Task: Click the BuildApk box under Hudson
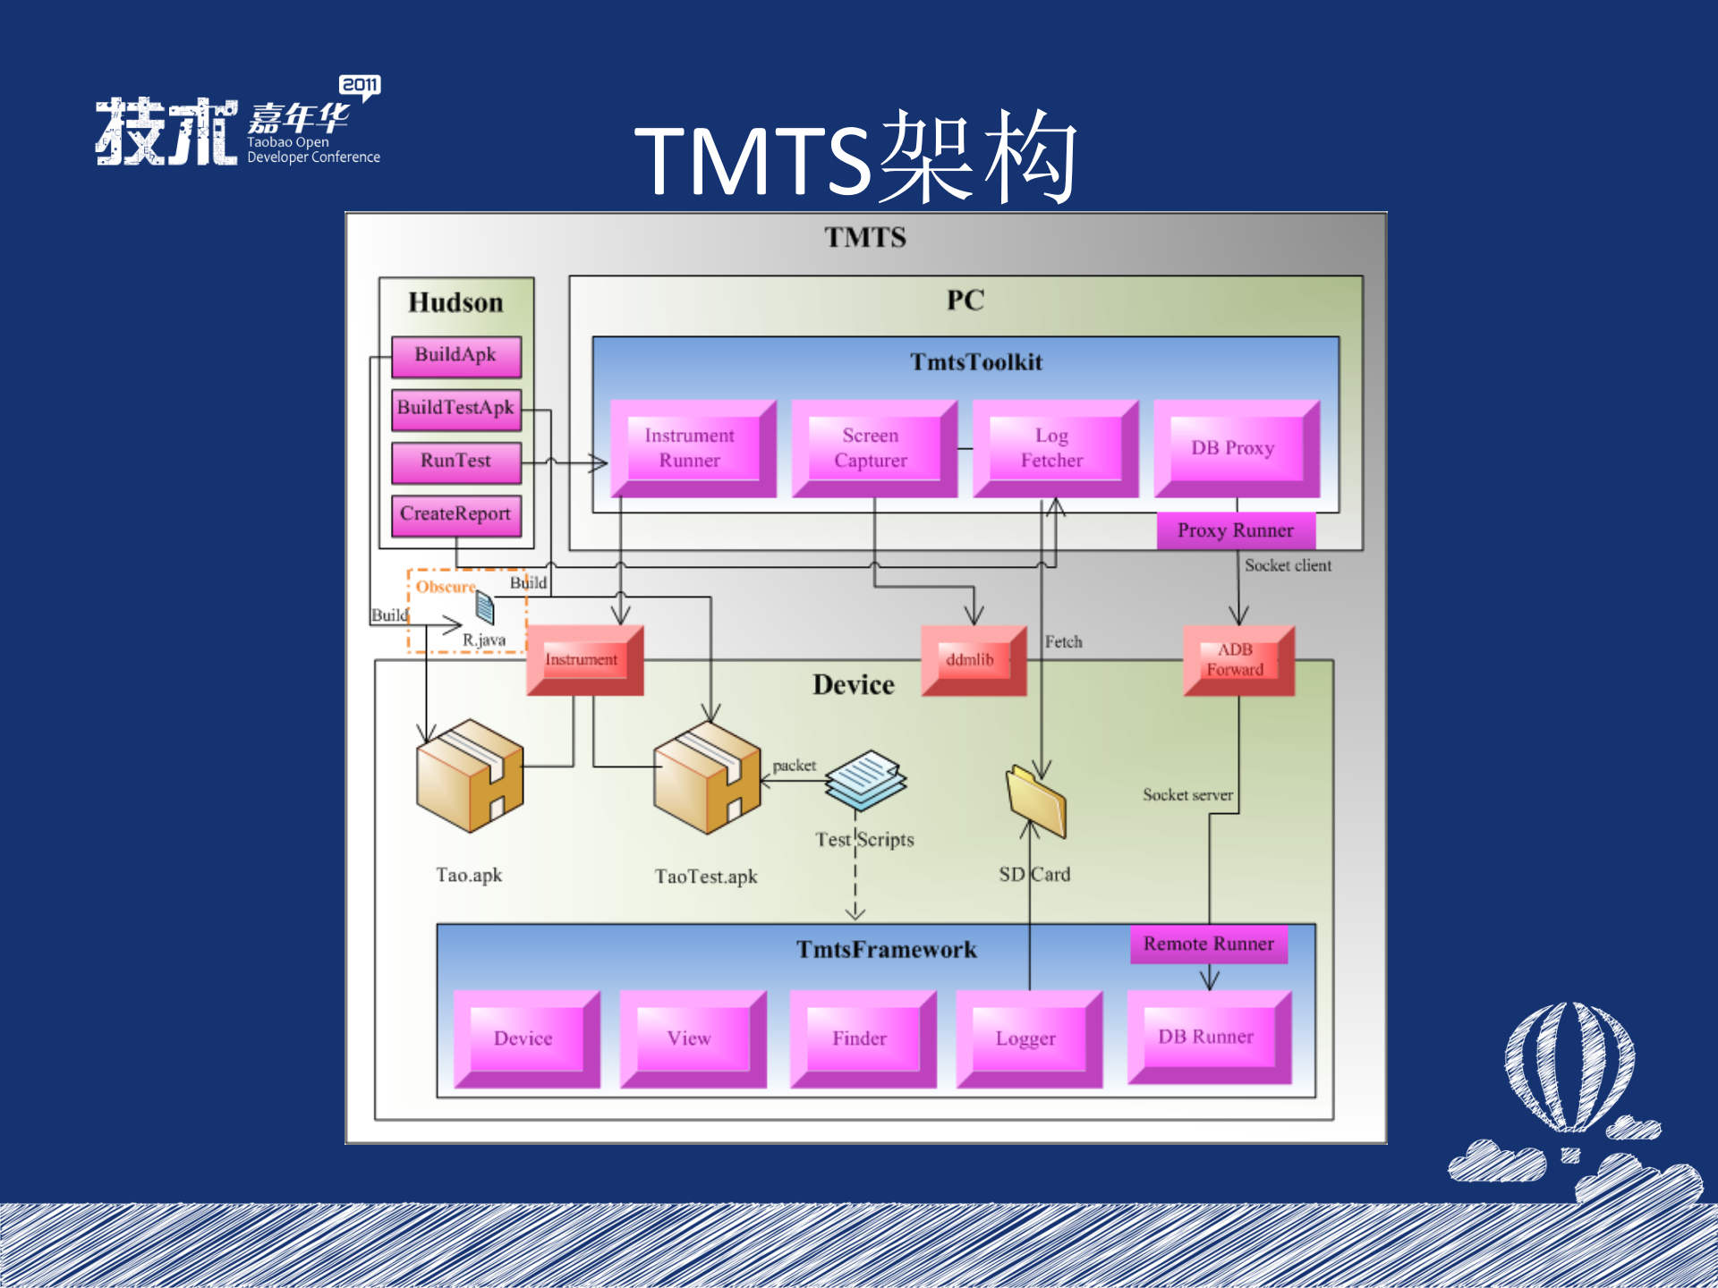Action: tap(456, 356)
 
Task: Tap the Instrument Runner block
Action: tap(692, 449)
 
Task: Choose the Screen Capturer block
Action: tap(872, 449)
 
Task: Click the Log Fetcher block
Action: tap(1053, 449)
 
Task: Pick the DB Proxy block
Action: tap(1235, 449)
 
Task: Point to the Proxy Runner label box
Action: tap(1236, 530)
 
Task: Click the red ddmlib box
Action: tap(973, 661)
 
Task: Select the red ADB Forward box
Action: tap(1237, 661)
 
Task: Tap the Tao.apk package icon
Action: tap(469, 776)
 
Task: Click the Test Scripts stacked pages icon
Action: tap(864, 779)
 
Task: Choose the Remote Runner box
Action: tap(1208, 945)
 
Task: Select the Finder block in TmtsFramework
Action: tap(862, 1039)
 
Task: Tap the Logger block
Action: tap(1028, 1039)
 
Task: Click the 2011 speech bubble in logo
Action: tap(360, 86)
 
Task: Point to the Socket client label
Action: tap(1288, 565)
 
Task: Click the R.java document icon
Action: tap(485, 608)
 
